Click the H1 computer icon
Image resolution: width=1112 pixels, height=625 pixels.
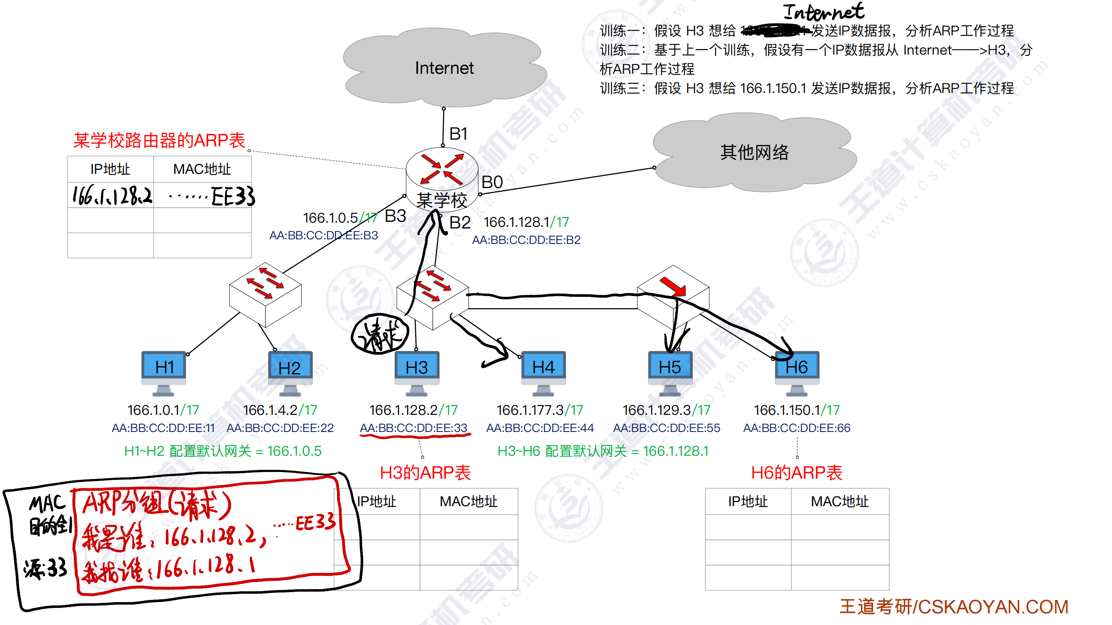[x=164, y=372]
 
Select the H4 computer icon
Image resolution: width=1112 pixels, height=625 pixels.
[x=543, y=372]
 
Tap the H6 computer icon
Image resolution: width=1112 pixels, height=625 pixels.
[x=797, y=372]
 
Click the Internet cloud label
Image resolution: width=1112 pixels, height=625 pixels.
[x=444, y=68]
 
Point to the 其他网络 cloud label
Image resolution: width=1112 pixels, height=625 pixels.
[x=754, y=152]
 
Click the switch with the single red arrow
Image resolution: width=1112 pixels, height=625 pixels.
[x=673, y=296]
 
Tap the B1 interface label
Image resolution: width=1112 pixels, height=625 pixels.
[x=458, y=134]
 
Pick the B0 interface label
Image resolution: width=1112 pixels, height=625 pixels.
[x=492, y=182]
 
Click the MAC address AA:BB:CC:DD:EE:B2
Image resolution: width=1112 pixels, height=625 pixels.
[x=526, y=240]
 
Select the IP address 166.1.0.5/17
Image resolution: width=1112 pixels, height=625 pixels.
[x=340, y=218]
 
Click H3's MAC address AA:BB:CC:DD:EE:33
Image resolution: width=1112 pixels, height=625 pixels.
[x=413, y=428]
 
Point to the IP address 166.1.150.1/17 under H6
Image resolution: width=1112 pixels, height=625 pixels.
[x=796, y=410]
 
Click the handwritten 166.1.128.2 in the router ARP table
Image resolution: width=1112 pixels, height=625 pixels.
[x=112, y=196]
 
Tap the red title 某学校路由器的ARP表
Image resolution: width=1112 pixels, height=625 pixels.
[x=159, y=140]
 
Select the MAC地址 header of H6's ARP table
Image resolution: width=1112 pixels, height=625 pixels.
[x=840, y=502]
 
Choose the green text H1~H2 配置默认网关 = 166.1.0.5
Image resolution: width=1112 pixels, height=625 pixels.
[x=223, y=451]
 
